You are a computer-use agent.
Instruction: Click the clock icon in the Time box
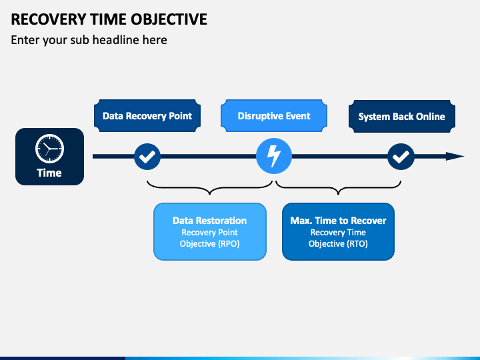[x=49, y=149]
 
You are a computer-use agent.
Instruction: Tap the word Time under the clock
[x=49, y=173]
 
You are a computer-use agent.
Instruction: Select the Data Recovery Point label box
[x=147, y=116]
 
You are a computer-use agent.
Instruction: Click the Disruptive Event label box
[x=274, y=116]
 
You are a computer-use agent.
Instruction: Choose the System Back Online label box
[x=401, y=116]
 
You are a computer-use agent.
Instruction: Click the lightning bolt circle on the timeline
[x=274, y=156]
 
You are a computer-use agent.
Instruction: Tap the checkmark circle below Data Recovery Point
[x=147, y=157]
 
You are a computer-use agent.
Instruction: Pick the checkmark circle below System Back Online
[x=401, y=157]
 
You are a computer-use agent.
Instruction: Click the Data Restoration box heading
[x=210, y=221]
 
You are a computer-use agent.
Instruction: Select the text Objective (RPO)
[x=210, y=244]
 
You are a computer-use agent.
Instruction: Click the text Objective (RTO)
[x=338, y=244]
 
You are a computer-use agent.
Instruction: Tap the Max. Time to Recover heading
[x=338, y=221]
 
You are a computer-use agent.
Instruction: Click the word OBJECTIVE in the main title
[x=169, y=19]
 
